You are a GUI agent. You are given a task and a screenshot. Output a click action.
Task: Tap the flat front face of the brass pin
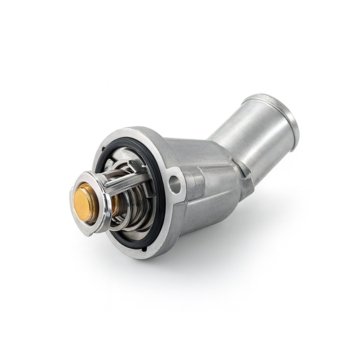(x=83, y=203)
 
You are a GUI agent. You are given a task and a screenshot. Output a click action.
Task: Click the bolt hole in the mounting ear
(x=174, y=184)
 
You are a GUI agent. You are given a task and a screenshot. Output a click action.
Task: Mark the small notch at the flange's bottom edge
(x=144, y=249)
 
